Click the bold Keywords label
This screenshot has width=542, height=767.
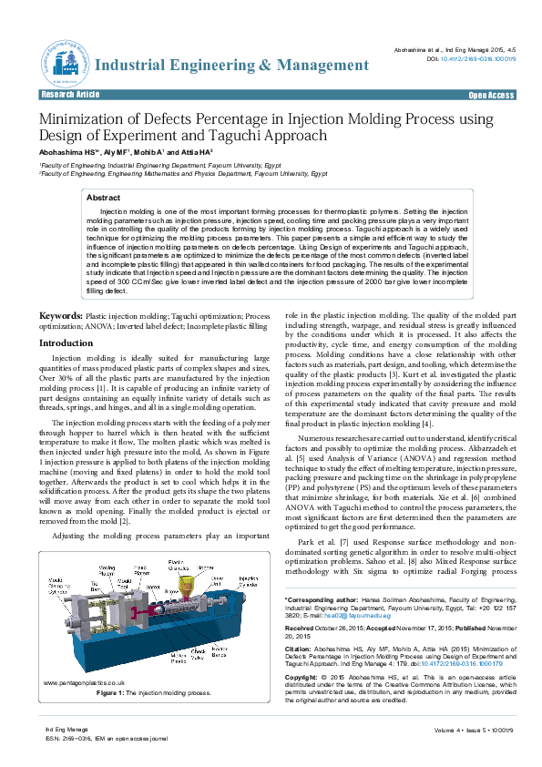(60, 315)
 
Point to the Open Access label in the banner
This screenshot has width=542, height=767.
(491, 96)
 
